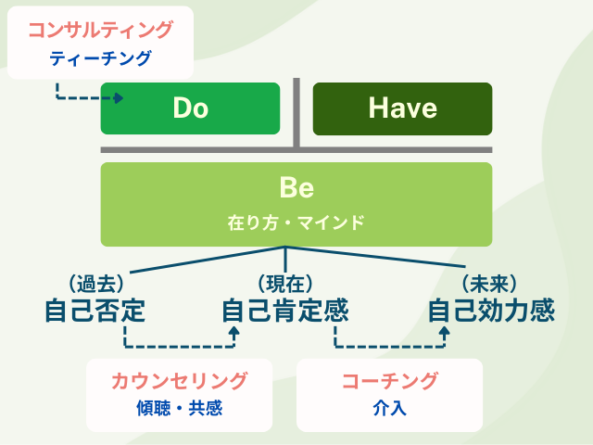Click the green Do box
pyautogui.click(x=190, y=108)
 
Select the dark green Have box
pyautogui.click(x=402, y=108)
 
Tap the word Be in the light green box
pyautogui.click(x=296, y=188)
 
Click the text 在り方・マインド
pyautogui.click(x=296, y=222)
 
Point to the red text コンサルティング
pyautogui.click(x=100, y=30)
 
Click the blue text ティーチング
pyautogui.click(x=100, y=58)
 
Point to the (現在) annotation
pyautogui.click(x=284, y=282)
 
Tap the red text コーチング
pyautogui.click(x=389, y=380)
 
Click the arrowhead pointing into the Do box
pyautogui.click(x=118, y=96)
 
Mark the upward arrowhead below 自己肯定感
pyautogui.click(x=234, y=331)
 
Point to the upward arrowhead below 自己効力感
pyautogui.click(x=444, y=331)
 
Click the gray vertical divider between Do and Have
pyautogui.click(x=296, y=113)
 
